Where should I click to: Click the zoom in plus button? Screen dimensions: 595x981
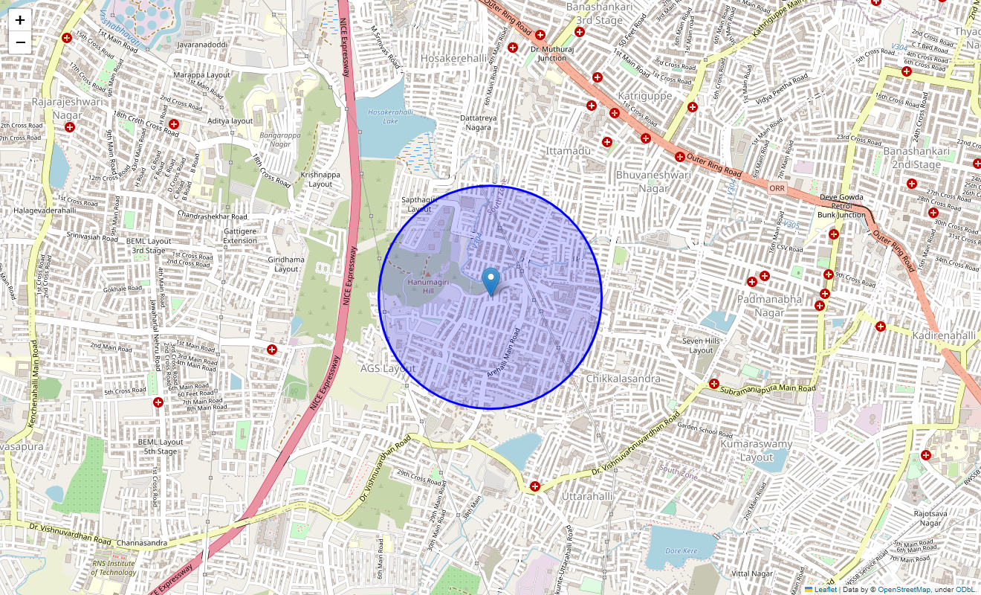20,20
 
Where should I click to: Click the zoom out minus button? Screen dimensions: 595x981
20,42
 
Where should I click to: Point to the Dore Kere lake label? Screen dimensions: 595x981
681,551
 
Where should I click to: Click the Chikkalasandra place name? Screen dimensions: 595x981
623,379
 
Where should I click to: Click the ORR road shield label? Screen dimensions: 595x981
777,189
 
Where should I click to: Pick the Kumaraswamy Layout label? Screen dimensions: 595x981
756,451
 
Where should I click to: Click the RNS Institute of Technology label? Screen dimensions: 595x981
114,567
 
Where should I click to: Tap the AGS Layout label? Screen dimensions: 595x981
388,368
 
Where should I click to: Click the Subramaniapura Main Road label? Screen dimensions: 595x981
768,388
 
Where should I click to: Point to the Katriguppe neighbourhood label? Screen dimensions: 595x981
644,96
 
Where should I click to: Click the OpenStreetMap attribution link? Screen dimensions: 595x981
904,590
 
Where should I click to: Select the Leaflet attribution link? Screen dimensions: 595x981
825,590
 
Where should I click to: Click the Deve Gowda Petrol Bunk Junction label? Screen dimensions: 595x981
841,206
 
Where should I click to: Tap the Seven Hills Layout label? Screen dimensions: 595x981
701,345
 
